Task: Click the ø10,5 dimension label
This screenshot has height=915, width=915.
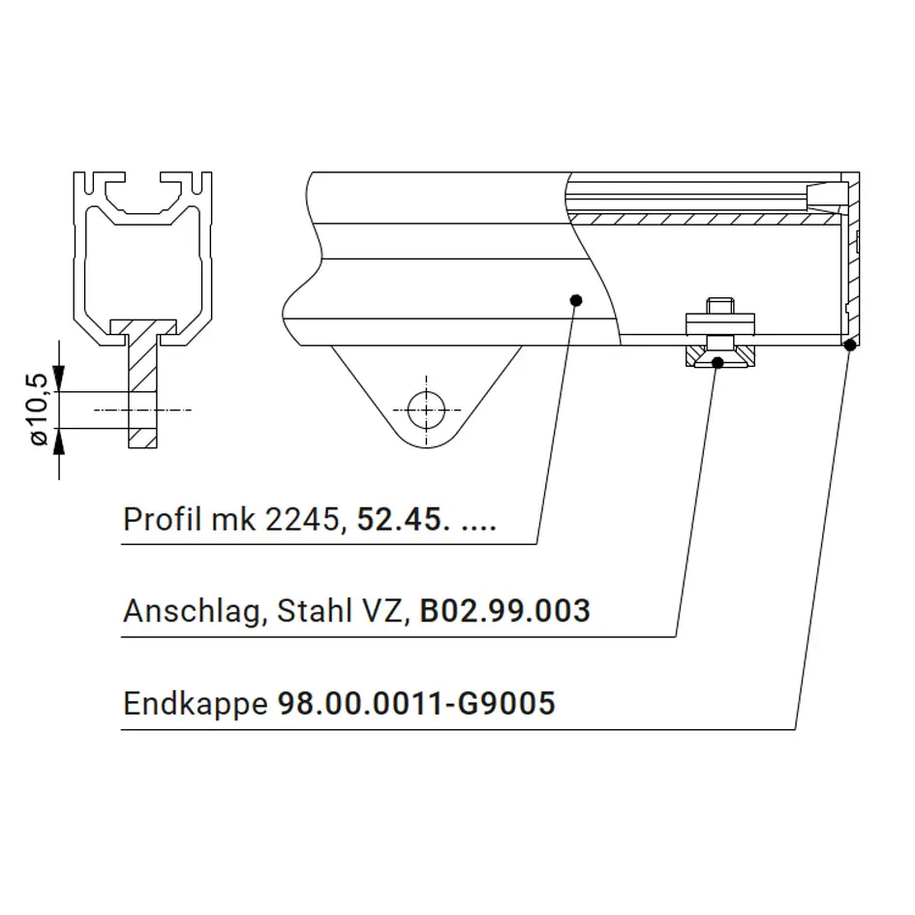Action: [39, 410]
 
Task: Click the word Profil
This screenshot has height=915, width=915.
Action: [163, 518]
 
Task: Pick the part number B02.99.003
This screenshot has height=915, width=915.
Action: [504, 610]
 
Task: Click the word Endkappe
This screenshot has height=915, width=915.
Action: [196, 704]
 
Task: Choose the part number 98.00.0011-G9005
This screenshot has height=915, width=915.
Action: [416, 703]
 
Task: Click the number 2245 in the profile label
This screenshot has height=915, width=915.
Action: [302, 519]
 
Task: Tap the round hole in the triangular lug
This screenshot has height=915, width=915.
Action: [426, 411]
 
